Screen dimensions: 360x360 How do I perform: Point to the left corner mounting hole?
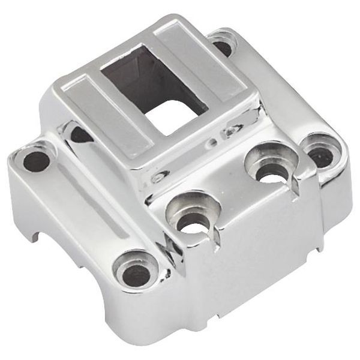35,160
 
